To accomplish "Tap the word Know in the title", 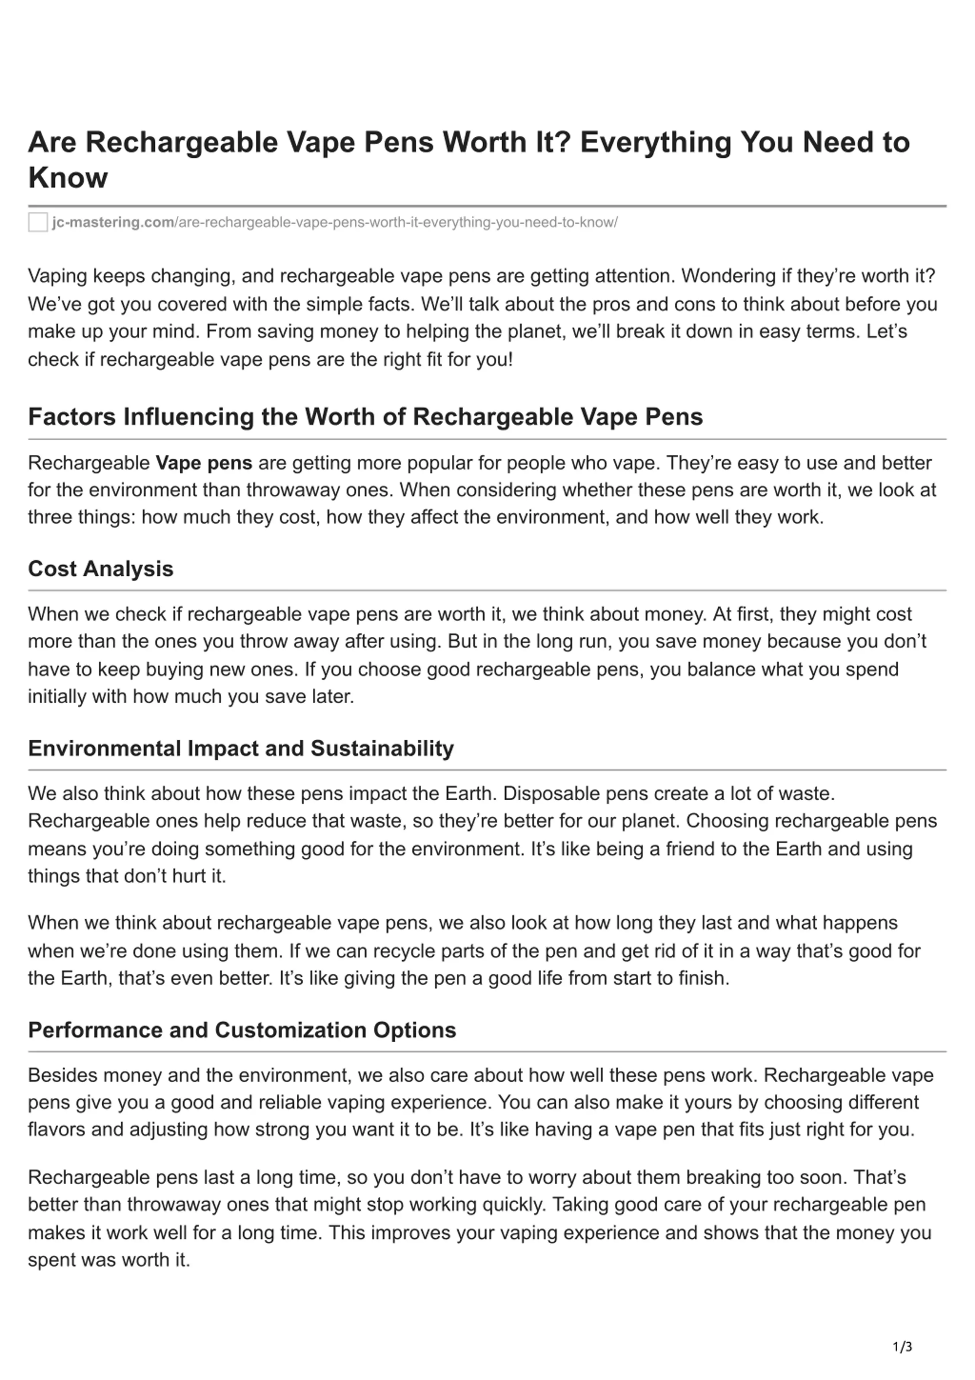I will pyautogui.click(x=68, y=178).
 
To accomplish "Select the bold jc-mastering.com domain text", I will pyautogui.click(x=113, y=222).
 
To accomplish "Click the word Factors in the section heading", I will pyautogui.click(x=72, y=417).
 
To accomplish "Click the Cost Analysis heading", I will pyautogui.click(x=101, y=569).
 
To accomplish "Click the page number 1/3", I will pyautogui.click(x=902, y=1347).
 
